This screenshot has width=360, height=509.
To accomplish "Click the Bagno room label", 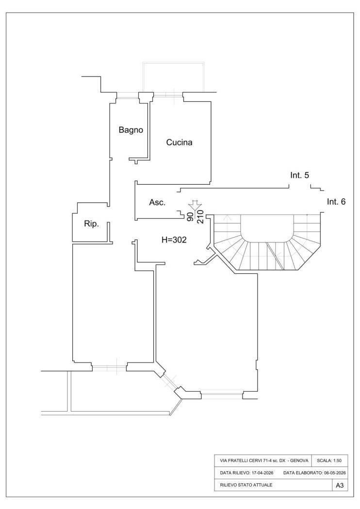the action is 131,130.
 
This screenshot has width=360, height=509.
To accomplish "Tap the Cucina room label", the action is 179,142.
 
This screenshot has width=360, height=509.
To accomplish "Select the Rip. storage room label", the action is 91,224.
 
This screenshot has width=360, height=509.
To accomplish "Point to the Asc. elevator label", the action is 157,203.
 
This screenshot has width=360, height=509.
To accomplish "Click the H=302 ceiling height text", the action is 174,240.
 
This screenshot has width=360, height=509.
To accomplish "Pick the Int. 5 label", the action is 299,175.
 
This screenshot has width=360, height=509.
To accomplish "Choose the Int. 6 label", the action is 336,202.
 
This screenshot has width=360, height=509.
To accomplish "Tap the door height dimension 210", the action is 200,217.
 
